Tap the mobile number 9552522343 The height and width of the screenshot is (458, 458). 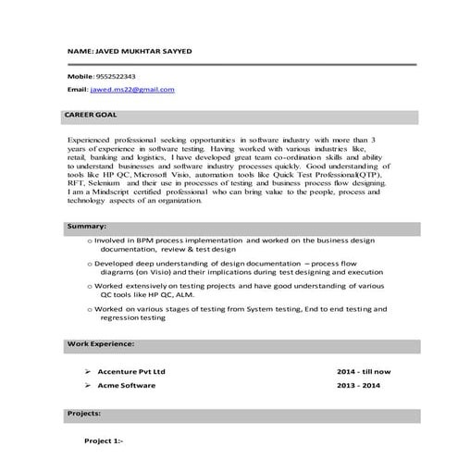pos(115,75)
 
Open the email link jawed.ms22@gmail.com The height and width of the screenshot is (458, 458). pos(132,90)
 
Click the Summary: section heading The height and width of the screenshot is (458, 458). pos(87,226)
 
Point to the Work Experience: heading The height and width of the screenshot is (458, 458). pos(101,343)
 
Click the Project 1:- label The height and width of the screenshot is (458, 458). pos(104,443)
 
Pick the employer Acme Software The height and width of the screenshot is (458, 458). pos(128,384)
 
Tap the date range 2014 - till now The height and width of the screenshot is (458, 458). pos(365,371)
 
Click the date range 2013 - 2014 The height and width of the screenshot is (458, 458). pos(360,384)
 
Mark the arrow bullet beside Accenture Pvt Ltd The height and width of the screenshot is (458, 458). pos(87,371)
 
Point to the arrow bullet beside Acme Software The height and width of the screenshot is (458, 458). pos(87,384)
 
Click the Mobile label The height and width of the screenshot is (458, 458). pos(80,75)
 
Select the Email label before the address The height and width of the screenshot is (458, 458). pos(76,90)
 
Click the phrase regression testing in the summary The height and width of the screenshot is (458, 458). pos(133,317)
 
